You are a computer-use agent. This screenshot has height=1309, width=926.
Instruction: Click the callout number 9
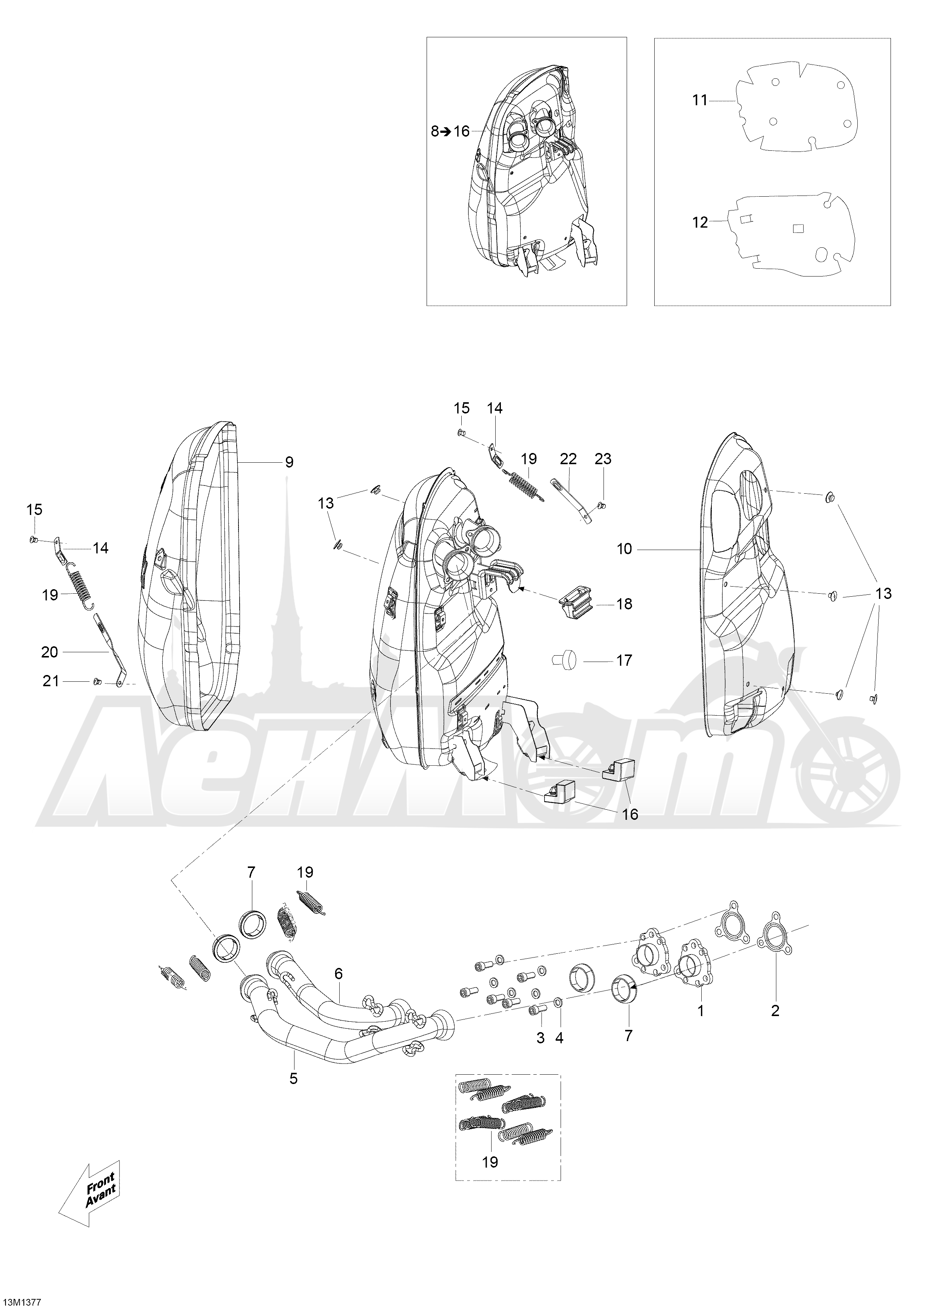pyautogui.click(x=289, y=462)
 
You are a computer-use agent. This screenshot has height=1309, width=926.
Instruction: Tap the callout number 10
pyautogui.click(x=624, y=549)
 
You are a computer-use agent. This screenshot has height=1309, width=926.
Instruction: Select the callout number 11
pyautogui.click(x=699, y=100)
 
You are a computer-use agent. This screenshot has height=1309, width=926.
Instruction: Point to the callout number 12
pyautogui.click(x=699, y=222)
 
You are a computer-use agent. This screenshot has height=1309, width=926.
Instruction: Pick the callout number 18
pyautogui.click(x=624, y=604)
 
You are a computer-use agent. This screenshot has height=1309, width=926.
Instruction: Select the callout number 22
pyautogui.click(x=568, y=459)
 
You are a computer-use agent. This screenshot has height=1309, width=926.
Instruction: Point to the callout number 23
pyautogui.click(x=603, y=459)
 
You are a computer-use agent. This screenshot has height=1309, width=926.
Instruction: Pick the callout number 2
pyautogui.click(x=775, y=1011)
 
